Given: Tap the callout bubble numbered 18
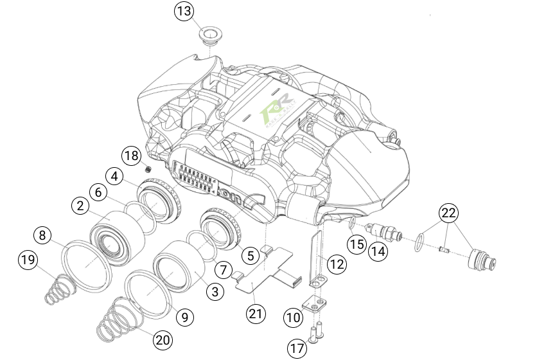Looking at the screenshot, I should click(x=131, y=156).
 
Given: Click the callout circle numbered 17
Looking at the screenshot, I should click(x=297, y=349).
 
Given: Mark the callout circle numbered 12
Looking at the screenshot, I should click(x=335, y=262).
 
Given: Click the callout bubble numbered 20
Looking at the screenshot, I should click(x=163, y=341).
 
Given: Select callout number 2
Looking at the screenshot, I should click(x=80, y=206).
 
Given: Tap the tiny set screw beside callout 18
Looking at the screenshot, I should click(x=148, y=169).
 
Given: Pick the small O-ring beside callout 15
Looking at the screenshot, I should click(x=352, y=223).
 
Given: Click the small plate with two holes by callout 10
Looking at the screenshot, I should click(x=313, y=302).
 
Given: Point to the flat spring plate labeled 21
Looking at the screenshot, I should click(x=267, y=273).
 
